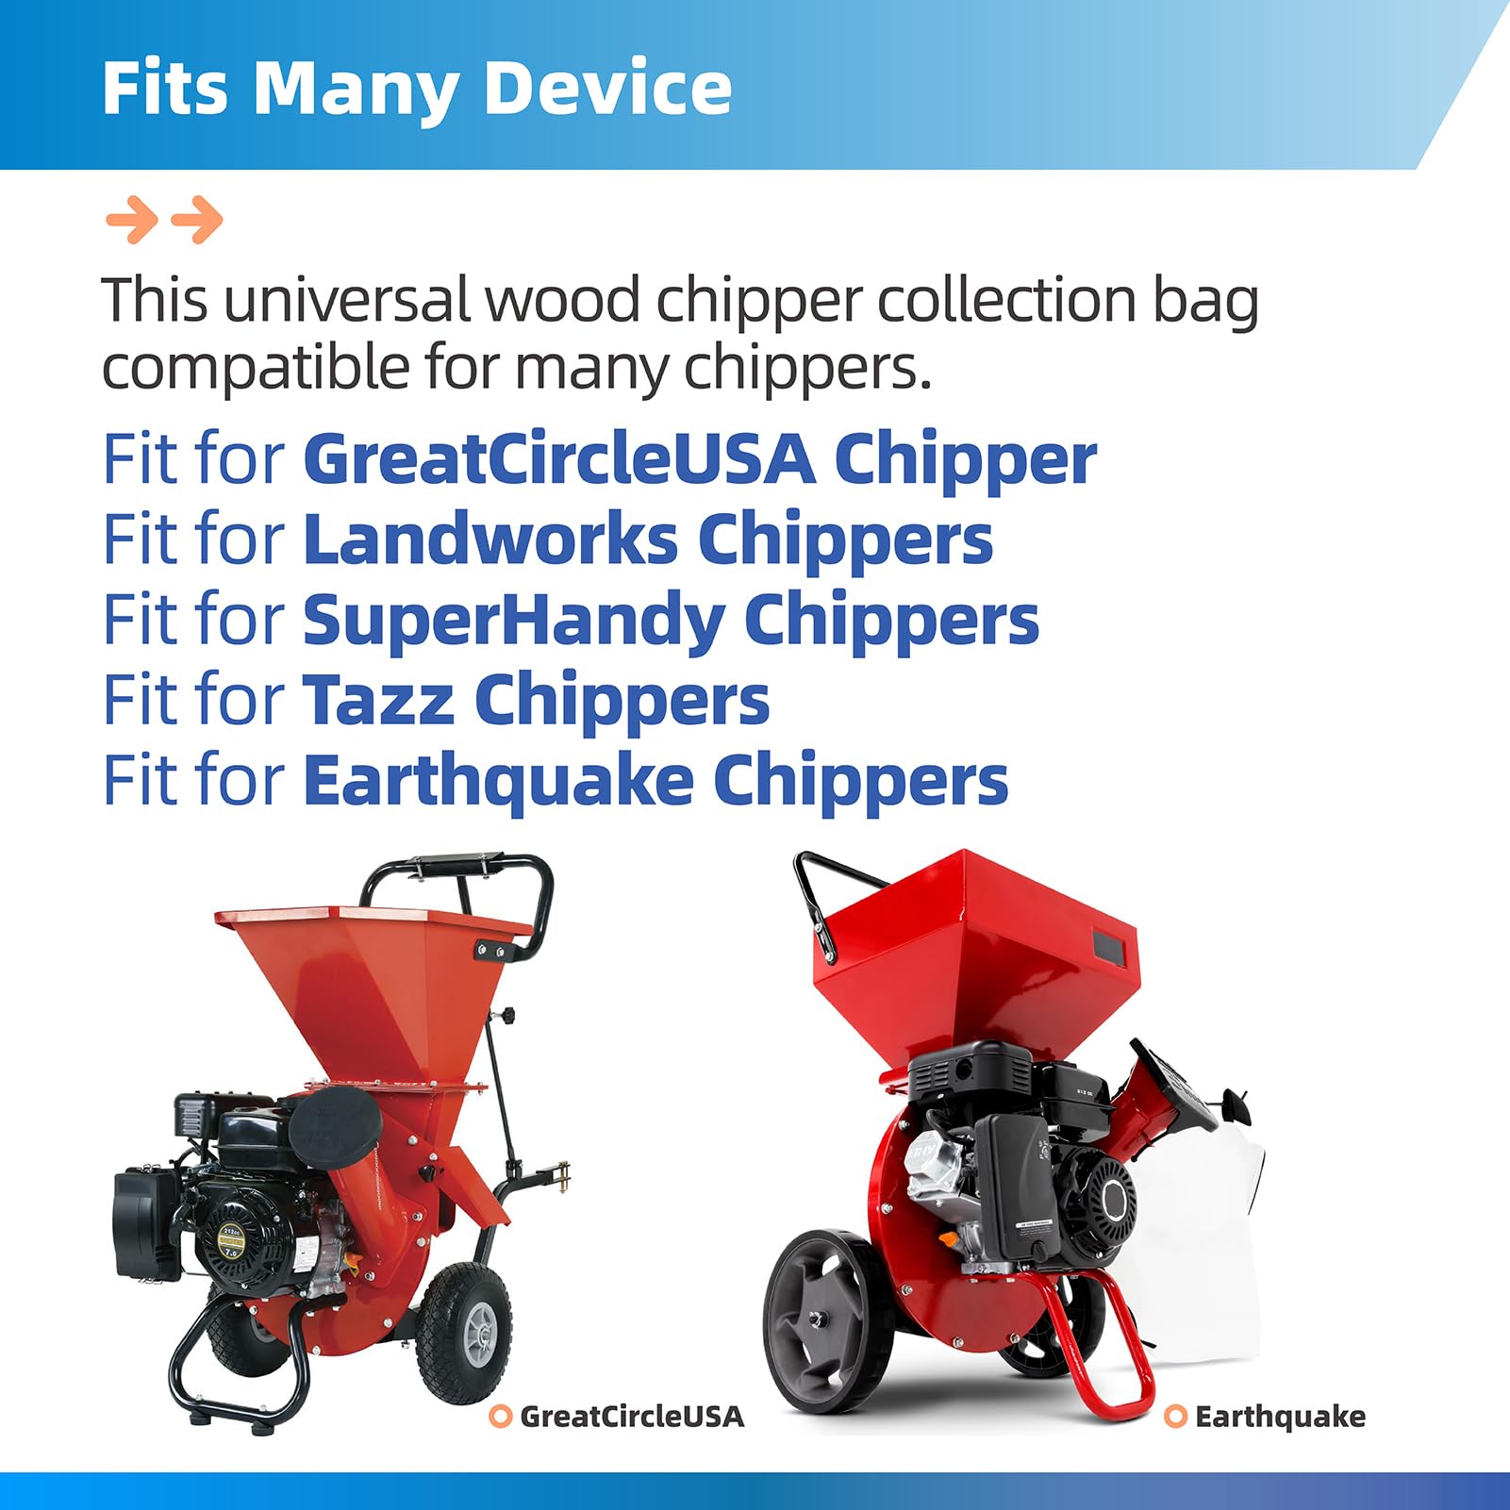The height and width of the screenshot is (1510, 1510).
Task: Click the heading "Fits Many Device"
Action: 416,88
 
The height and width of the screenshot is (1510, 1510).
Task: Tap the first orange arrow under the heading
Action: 132,221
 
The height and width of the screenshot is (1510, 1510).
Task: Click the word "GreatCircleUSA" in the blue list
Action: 559,459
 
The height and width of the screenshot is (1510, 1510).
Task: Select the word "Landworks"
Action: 490,539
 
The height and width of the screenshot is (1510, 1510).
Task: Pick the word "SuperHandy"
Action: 513,621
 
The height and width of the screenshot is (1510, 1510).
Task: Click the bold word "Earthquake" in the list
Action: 498,781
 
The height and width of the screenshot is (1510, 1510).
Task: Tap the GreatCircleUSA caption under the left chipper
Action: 632,1416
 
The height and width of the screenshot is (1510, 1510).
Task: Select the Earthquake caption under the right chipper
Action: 1280,1416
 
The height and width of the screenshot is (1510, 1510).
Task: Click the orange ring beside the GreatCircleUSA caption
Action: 501,1416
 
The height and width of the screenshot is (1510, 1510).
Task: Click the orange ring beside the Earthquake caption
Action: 1175,1416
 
